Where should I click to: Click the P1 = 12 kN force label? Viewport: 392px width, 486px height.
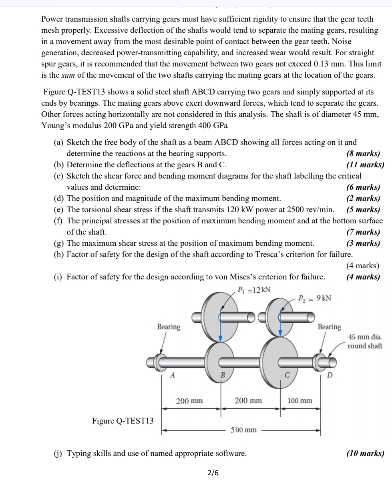254,290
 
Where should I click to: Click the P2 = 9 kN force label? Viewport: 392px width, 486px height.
315,298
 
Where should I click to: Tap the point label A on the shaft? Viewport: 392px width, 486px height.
173,375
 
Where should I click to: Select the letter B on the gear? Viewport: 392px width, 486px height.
223,375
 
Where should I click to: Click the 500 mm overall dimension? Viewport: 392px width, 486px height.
243,430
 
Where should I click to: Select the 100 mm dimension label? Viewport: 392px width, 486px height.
300,400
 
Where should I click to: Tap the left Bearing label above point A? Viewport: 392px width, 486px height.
169,327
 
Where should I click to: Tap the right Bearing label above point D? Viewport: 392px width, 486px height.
329,327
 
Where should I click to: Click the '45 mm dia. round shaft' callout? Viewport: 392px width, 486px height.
365,341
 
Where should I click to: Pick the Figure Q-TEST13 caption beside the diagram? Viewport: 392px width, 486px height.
123,420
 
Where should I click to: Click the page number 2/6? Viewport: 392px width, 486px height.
213,473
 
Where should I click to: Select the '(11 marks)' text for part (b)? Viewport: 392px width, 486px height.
365,165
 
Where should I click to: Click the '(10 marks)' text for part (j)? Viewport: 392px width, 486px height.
365,453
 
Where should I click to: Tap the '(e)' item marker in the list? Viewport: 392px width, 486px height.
59,209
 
